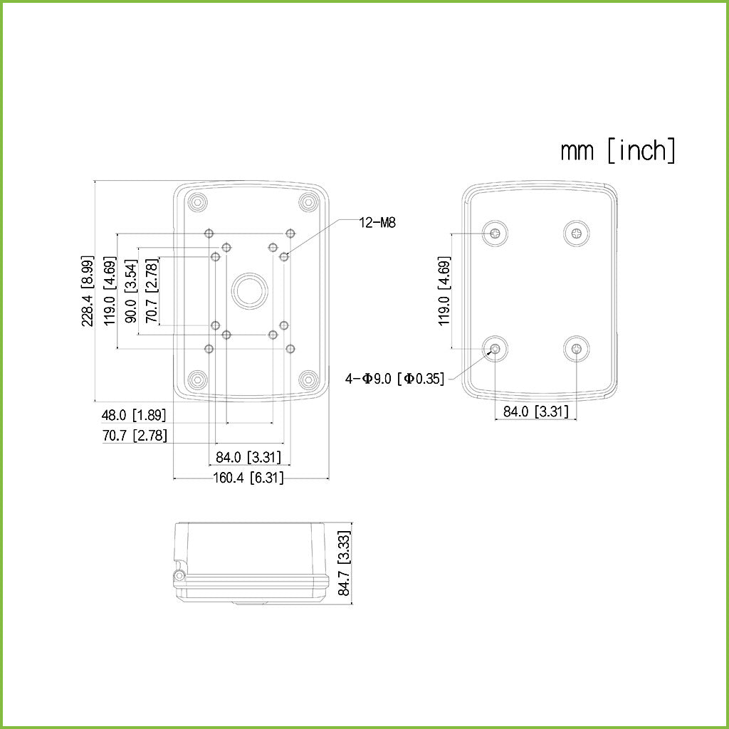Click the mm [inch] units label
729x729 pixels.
tap(618, 151)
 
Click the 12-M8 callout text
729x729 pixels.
tap(377, 223)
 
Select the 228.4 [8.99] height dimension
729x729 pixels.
tap(88, 290)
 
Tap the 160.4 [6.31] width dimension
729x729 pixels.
tap(248, 478)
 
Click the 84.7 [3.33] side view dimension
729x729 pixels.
tap(345, 563)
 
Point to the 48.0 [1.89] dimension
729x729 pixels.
tap(133, 415)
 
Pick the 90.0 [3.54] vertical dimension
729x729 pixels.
tap(132, 292)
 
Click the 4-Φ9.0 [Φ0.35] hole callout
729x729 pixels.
tap(394, 379)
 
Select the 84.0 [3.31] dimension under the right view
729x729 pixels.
tap(535, 411)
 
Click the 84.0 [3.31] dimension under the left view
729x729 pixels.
tap(248, 457)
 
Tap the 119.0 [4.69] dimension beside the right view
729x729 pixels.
tap(444, 292)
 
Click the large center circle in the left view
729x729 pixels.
tap(248, 290)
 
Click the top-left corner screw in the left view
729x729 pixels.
tap(198, 202)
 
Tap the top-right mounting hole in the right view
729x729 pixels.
tap(576, 233)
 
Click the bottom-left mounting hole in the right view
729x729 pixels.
tap(495, 349)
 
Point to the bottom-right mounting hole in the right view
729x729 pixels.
tap(576, 349)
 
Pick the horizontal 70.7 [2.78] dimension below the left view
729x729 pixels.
tap(135, 436)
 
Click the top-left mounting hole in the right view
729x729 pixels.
tap(495, 233)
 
